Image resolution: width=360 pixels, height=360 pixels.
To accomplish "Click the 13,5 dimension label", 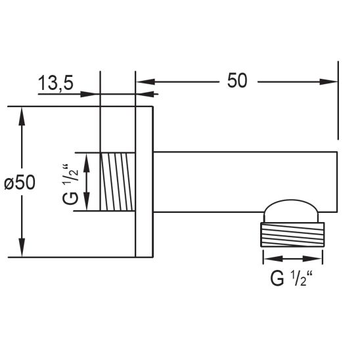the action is [56, 83].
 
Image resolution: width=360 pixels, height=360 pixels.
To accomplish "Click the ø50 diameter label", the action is [20, 183].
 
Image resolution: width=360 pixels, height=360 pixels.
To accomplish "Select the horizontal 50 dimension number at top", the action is [237, 81].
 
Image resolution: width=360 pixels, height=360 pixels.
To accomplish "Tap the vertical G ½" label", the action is [70, 184].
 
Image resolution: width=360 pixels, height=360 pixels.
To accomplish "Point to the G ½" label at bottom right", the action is [292, 279].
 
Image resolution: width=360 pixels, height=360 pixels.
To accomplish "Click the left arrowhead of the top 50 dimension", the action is [146, 81].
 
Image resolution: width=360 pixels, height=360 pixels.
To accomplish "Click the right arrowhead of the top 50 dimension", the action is [328, 81].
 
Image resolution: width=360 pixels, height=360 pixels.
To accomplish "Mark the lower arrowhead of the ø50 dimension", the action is [22, 248].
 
